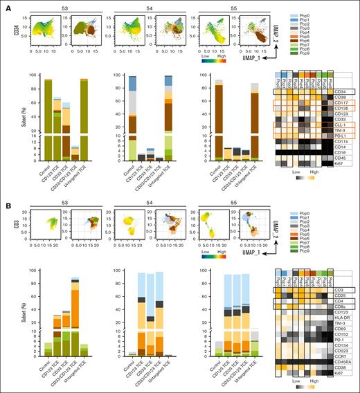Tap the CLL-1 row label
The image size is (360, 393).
[x=341, y=125]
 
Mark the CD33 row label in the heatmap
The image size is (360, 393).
[x=341, y=119]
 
